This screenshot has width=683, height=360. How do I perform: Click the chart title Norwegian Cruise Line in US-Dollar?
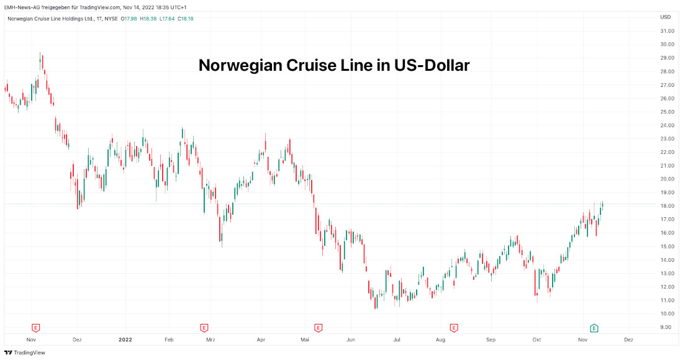point(333,65)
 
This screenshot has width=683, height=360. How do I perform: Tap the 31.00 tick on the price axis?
point(667,31)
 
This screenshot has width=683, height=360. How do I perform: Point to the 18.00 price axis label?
point(667,206)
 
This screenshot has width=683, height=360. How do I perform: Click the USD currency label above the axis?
point(665,17)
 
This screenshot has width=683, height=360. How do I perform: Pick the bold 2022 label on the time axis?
point(125,340)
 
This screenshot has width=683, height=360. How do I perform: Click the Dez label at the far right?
point(628,340)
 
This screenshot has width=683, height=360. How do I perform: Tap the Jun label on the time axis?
point(350,340)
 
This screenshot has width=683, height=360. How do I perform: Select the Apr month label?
point(261,340)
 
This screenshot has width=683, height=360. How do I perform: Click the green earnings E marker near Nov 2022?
point(594,327)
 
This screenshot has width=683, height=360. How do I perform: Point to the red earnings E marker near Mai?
point(318,327)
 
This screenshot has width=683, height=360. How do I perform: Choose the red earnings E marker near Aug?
point(454,327)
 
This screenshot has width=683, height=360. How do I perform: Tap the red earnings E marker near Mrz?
point(204,327)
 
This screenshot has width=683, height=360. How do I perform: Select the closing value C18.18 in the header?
point(185,19)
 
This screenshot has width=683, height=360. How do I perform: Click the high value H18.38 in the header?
point(148,19)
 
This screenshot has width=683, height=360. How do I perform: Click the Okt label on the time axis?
point(536,340)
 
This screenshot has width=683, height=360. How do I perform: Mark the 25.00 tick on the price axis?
point(667,112)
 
